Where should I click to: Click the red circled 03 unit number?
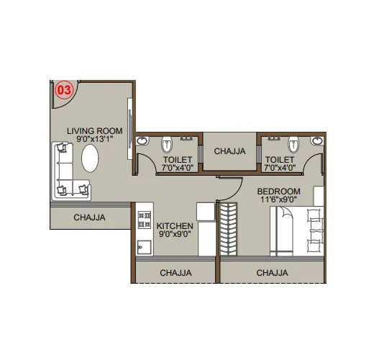click(x=64, y=90)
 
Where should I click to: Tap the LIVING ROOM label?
click(x=94, y=131)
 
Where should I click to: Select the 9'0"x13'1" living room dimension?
click(x=95, y=140)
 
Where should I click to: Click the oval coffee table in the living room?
click(x=90, y=158)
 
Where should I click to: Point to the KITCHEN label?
click(x=175, y=226)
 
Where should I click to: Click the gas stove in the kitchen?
click(x=145, y=220)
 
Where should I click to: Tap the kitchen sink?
click(x=145, y=247)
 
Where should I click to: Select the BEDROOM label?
click(x=279, y=192)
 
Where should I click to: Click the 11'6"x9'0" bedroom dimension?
click(x=279, y=199)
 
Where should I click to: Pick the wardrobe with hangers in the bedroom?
click(x=229, y=230)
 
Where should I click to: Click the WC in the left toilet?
click(x=167, y=145)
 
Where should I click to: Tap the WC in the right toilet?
click(x=293, y=145)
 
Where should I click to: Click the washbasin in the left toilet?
click(x=142, y=140)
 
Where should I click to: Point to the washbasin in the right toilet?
click(x=317, y=140)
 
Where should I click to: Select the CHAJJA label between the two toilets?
click(x=229, y=151)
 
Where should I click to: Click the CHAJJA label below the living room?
click(x=89, y=217)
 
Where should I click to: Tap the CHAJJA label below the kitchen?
click(x=175, y=273)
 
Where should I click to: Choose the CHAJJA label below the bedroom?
click(x=272, y=273)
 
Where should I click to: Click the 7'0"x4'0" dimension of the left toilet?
click(x=178, y=168)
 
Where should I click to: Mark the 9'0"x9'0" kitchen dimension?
click(x=175, y=234)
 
